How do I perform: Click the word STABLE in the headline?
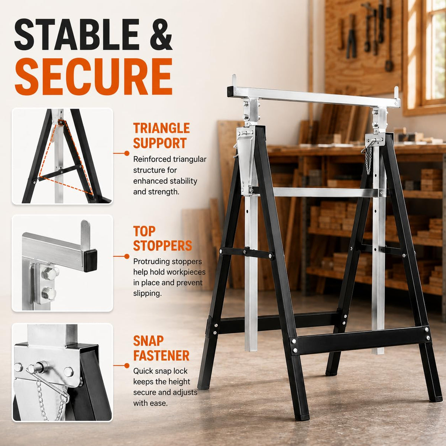[77, 35]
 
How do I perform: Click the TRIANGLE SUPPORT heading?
[161, 135]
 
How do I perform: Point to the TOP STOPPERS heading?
[162, 238]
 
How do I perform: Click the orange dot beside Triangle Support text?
[127, 153]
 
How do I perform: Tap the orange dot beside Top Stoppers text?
[127, 256]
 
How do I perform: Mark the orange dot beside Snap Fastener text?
[127, 366]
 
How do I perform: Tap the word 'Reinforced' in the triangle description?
[151, 159]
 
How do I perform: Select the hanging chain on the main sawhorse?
[369, 161]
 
